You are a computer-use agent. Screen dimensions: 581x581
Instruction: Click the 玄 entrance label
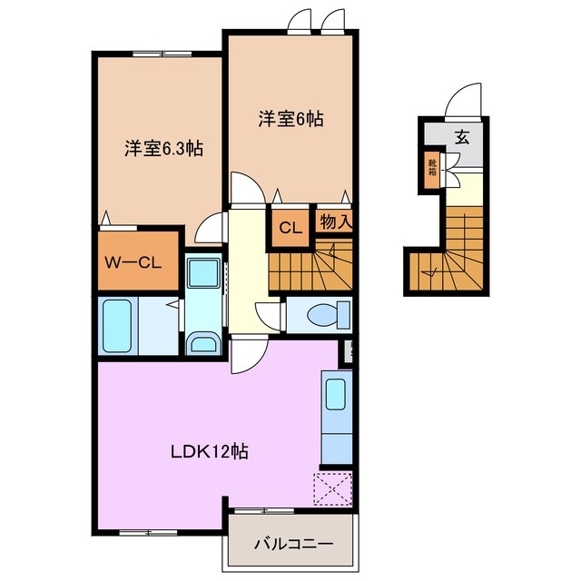[462, 138]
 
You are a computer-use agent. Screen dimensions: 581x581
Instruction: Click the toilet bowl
[322, 314]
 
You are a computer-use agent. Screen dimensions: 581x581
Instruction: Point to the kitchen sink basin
[334, 394]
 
